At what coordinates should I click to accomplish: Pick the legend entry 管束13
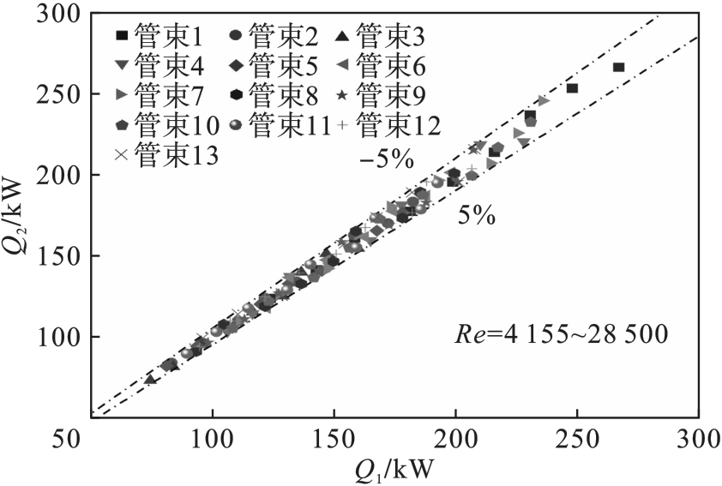(165, 155)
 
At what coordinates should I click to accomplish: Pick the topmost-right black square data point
(619, 67)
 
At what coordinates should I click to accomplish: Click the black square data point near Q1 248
(573, 88)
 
